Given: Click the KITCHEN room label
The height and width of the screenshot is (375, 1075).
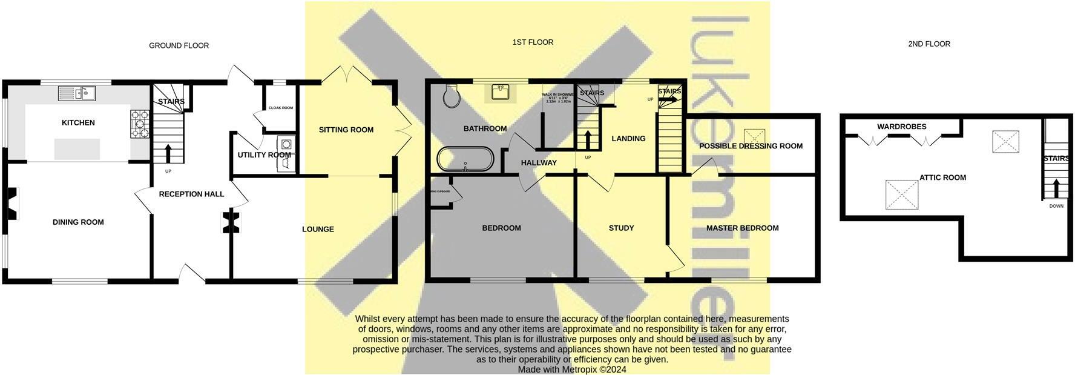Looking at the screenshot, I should [x=78, y=122].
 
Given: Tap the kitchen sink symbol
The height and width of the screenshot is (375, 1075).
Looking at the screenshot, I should [x=77, y=93].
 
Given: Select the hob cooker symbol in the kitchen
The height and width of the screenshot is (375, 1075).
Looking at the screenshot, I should [x=139, y=123].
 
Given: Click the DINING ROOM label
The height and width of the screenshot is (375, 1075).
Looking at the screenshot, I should [x=78, y=222].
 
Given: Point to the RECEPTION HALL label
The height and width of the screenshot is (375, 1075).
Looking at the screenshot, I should [x=191, y=194].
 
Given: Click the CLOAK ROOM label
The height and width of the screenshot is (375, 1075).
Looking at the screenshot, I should [x=281, y=108].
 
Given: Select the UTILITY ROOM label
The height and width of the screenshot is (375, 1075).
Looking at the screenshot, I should [x=264, y=155].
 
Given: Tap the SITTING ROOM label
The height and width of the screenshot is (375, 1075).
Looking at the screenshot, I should [x=346, y=130].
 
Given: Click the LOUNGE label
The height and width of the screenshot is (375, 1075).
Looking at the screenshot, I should [x=318, y=229].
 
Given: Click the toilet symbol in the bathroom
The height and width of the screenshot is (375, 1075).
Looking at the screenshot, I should [x=452, y=96].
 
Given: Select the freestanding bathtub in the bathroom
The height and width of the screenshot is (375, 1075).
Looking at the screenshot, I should [x=465, y=159].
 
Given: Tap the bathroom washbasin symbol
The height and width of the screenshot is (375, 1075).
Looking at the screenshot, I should [x=500, y=93].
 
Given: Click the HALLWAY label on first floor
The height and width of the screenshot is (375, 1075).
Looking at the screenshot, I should [x=539, y=162].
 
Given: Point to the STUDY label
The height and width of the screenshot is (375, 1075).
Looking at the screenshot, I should [x=621, y=228].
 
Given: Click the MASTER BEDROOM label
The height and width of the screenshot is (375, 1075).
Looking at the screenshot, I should [x=742, y=228].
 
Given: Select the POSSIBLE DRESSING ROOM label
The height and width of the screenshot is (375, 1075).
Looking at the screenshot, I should [x=751, y=146].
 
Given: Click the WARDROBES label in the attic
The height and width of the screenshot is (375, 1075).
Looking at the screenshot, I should [x=901, y=127].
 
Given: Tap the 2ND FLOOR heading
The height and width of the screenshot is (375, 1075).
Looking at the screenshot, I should [x=929, y=44].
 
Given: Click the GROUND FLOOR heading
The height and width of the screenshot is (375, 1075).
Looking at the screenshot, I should [x=179, y=45].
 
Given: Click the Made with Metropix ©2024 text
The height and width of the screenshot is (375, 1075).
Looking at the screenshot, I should [x=572, y=369].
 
